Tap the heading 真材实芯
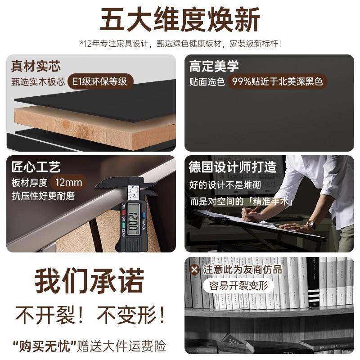[x=36, y=66]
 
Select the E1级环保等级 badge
[x=100, y=82]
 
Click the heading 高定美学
[x=214, y=66]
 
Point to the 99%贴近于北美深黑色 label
[x=276, y=82]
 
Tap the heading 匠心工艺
[x=36, y=167]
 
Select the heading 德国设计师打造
[x=232, y=167]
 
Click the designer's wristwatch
[x=310, y=224]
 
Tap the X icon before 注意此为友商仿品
[x=194, y=270]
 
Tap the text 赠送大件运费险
[x=121, y=346]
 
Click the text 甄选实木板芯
[x=39, y=82]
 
